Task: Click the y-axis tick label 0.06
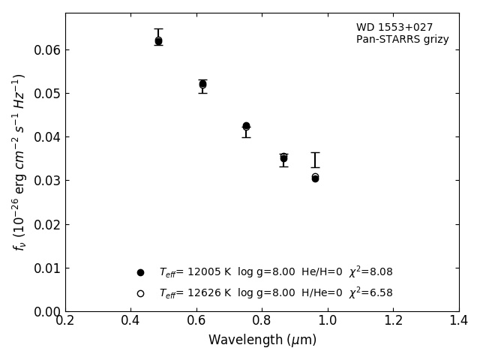tap(47, 50)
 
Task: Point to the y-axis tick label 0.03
tap(47, 181)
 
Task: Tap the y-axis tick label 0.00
tap(47, 311)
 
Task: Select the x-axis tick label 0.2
tap(65, 321)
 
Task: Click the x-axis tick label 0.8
tap(262, 321)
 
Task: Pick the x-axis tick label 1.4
tap(459, 321)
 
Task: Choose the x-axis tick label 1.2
tap(393, 321)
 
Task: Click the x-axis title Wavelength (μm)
tap(262, 340)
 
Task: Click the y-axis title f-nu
tap(19, 162)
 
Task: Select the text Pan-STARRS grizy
tap(402, 40)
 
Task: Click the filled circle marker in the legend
tap(140, 272)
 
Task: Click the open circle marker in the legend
tap(140, 293)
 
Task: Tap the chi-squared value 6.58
tap(381, 293)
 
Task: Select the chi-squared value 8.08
tap(381, 272)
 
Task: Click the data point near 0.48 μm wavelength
tap(158, 41)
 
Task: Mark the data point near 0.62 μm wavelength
tap(202, 84)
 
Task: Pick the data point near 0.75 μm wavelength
tap(246, 126)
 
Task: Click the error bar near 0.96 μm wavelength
tap(315, 160)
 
